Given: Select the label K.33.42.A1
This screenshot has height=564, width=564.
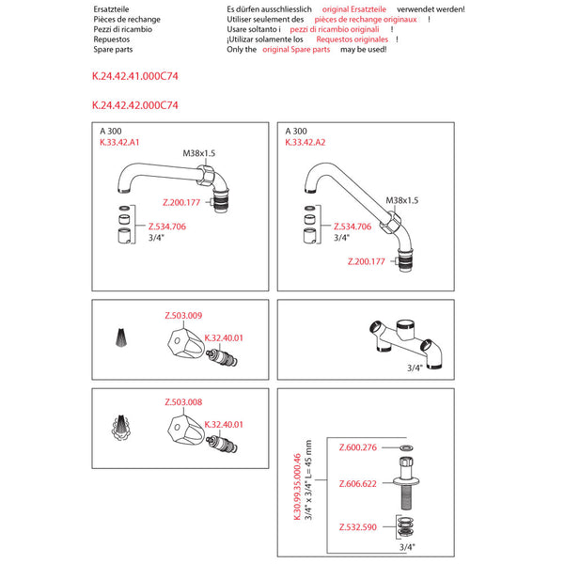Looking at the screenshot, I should tap(119, 143).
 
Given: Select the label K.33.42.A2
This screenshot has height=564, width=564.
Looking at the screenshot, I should tap(305, 143).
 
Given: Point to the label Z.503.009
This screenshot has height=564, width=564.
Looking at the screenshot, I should tap(182, 315).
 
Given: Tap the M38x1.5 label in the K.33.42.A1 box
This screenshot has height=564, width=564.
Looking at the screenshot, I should tap(198, 153).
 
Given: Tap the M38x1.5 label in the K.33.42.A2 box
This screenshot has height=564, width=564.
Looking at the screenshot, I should tap(401, 200).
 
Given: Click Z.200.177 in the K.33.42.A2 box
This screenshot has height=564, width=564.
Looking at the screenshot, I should tap(367, 261).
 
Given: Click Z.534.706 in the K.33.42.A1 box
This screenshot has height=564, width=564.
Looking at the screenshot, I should tap(166, 227).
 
